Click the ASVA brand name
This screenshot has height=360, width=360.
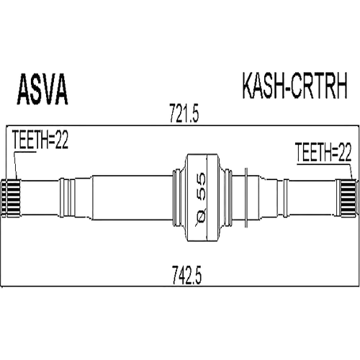[42, 89]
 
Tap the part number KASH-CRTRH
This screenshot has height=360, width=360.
[294, 86]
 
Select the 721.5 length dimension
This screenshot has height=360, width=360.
[184, 113]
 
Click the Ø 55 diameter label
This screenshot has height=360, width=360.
[200, 197]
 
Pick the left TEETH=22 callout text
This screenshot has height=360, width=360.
[40, 140]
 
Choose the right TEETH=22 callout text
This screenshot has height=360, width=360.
[323, 152]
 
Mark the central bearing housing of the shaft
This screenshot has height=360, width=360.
[202, 197]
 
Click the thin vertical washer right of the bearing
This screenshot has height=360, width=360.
[246, 197]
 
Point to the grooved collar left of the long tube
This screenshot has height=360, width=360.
[68, 197]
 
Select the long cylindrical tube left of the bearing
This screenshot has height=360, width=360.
[132, 198]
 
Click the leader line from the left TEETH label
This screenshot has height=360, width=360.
[16, 166]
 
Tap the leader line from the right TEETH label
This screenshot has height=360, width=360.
[351, 172]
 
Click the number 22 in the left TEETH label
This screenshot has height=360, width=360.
[61, 140]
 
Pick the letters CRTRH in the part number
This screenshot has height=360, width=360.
[319, 86]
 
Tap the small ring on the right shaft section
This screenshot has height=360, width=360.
[286, 198]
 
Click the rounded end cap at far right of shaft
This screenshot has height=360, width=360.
[358, 198]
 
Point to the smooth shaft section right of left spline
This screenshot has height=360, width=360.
[40, 197]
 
